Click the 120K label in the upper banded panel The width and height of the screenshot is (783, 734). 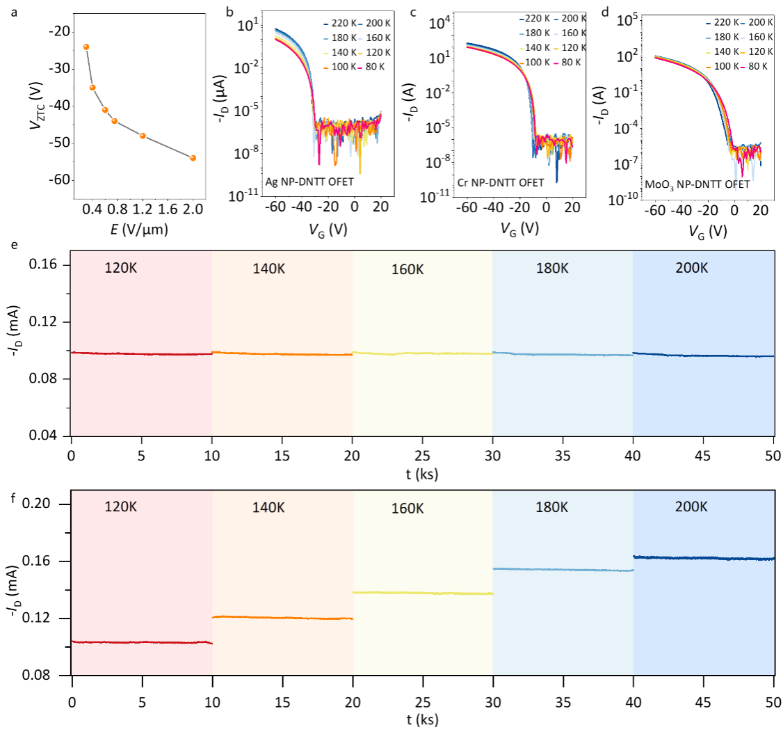click(121, 268)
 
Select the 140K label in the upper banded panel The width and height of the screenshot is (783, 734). click(268, 269)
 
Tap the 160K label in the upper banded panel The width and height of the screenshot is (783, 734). click(407, 270)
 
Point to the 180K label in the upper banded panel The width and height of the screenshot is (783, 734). click(552, 268)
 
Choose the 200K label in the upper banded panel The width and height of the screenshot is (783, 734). click(692, 268)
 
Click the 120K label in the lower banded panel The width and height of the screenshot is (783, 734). click(121, 506)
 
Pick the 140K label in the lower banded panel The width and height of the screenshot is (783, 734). click(268, 508)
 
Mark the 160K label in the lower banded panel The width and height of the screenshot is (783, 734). click(407, 509)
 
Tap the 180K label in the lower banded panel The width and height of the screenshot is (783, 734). click(552, 507)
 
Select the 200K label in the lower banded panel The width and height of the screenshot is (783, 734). click(691, 506)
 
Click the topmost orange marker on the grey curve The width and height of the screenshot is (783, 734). click(86, 47)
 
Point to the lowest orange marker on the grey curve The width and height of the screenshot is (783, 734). click(193, 158)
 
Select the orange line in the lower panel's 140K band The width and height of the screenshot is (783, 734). click(282, 618)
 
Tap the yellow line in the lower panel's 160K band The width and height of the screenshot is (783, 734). click(423, 593)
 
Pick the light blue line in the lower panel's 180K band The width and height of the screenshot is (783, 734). click(563, 570)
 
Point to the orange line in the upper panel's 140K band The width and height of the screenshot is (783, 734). click(282, 354)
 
